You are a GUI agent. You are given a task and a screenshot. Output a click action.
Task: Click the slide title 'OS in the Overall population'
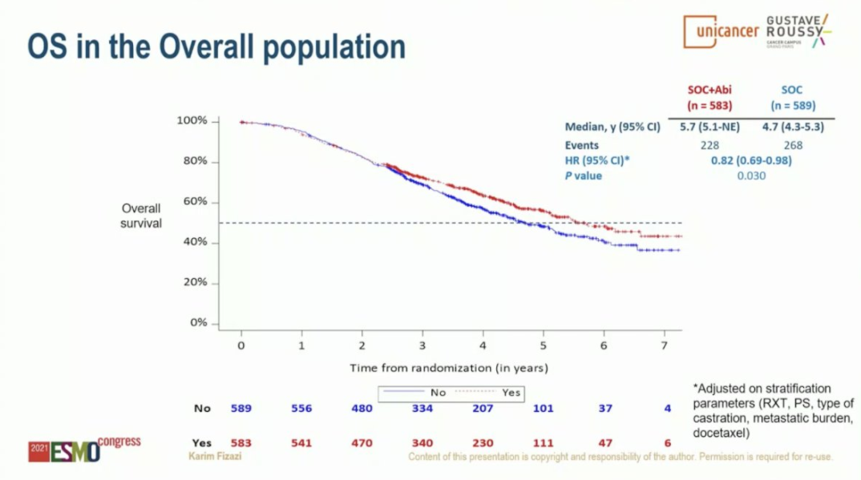click(x=216, y=48)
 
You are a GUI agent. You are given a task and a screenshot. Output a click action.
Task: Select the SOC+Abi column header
click(x=709, y=98)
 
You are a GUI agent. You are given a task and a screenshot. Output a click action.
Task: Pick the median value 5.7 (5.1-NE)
click(x=709, y=127)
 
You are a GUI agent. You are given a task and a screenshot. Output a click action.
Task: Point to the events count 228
click(x=709, y=145)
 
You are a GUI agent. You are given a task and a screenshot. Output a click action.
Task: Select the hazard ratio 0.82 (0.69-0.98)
click(x=750, y=160)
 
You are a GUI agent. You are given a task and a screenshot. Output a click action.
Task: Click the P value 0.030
click(x=750, y=175)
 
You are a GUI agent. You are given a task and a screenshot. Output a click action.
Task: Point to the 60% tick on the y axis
click(x=193, y=202)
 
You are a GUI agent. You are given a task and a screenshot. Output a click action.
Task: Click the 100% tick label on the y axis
click(x=192, y=121)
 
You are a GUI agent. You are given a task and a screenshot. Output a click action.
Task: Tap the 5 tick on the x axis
click(x=543, y=345)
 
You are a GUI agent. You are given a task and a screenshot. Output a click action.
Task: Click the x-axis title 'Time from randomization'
click(x=448, y=368)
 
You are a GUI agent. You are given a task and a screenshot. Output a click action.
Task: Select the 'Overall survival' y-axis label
click(x=141, y=216)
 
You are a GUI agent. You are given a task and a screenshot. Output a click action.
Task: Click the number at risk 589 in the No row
click(x=241, y=408)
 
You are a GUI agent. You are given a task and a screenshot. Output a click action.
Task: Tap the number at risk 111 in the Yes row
click(x=543, y=442)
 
